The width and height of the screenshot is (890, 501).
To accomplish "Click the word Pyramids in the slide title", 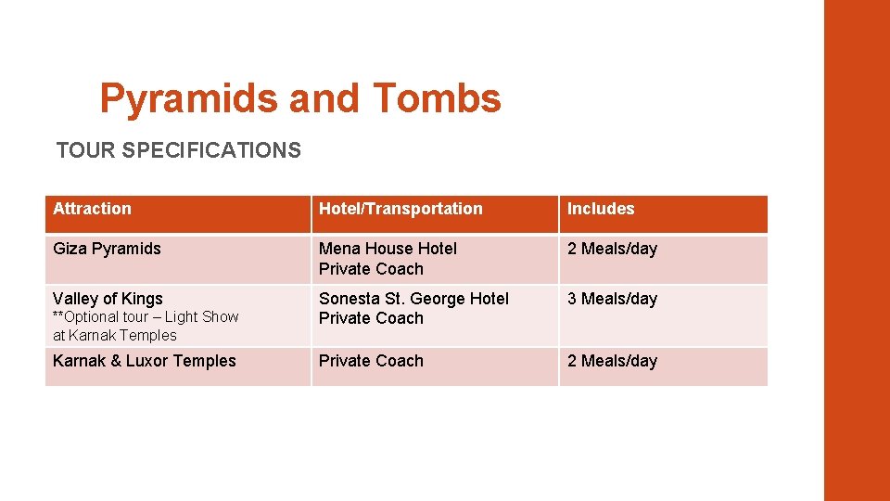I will tap(189, 98).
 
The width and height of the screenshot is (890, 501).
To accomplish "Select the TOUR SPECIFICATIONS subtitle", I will tap(178, 150).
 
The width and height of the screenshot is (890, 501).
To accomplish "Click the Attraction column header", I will tap(93, 209).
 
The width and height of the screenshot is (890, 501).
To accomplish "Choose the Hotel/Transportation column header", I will tap(400, 209).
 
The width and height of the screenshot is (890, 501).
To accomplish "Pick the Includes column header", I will tap(601, 209).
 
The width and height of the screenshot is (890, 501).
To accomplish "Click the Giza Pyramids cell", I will tap(107, 249).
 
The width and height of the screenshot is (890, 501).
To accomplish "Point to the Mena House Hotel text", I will tap(388, 249).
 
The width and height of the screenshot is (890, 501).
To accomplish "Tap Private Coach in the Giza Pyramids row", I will tap(371, 269).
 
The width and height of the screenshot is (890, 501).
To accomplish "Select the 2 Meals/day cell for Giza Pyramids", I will tap(612, 249).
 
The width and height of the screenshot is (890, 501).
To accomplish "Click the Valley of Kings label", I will tap(108, 299).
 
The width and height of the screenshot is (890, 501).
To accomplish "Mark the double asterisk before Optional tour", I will tap(57, 315).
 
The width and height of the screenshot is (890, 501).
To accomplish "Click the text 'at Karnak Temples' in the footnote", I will tap(114, 335).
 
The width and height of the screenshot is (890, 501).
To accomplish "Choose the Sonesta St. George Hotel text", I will tap(413, 299).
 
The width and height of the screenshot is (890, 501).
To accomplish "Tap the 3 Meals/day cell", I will tap(612, 299).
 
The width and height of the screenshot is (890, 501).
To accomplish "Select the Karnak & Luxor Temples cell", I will tap(145, 361).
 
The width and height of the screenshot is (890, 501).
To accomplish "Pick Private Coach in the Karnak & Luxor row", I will tap(371, 361).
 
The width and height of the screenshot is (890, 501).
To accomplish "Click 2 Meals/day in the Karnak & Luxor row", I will tap(612, 361).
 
